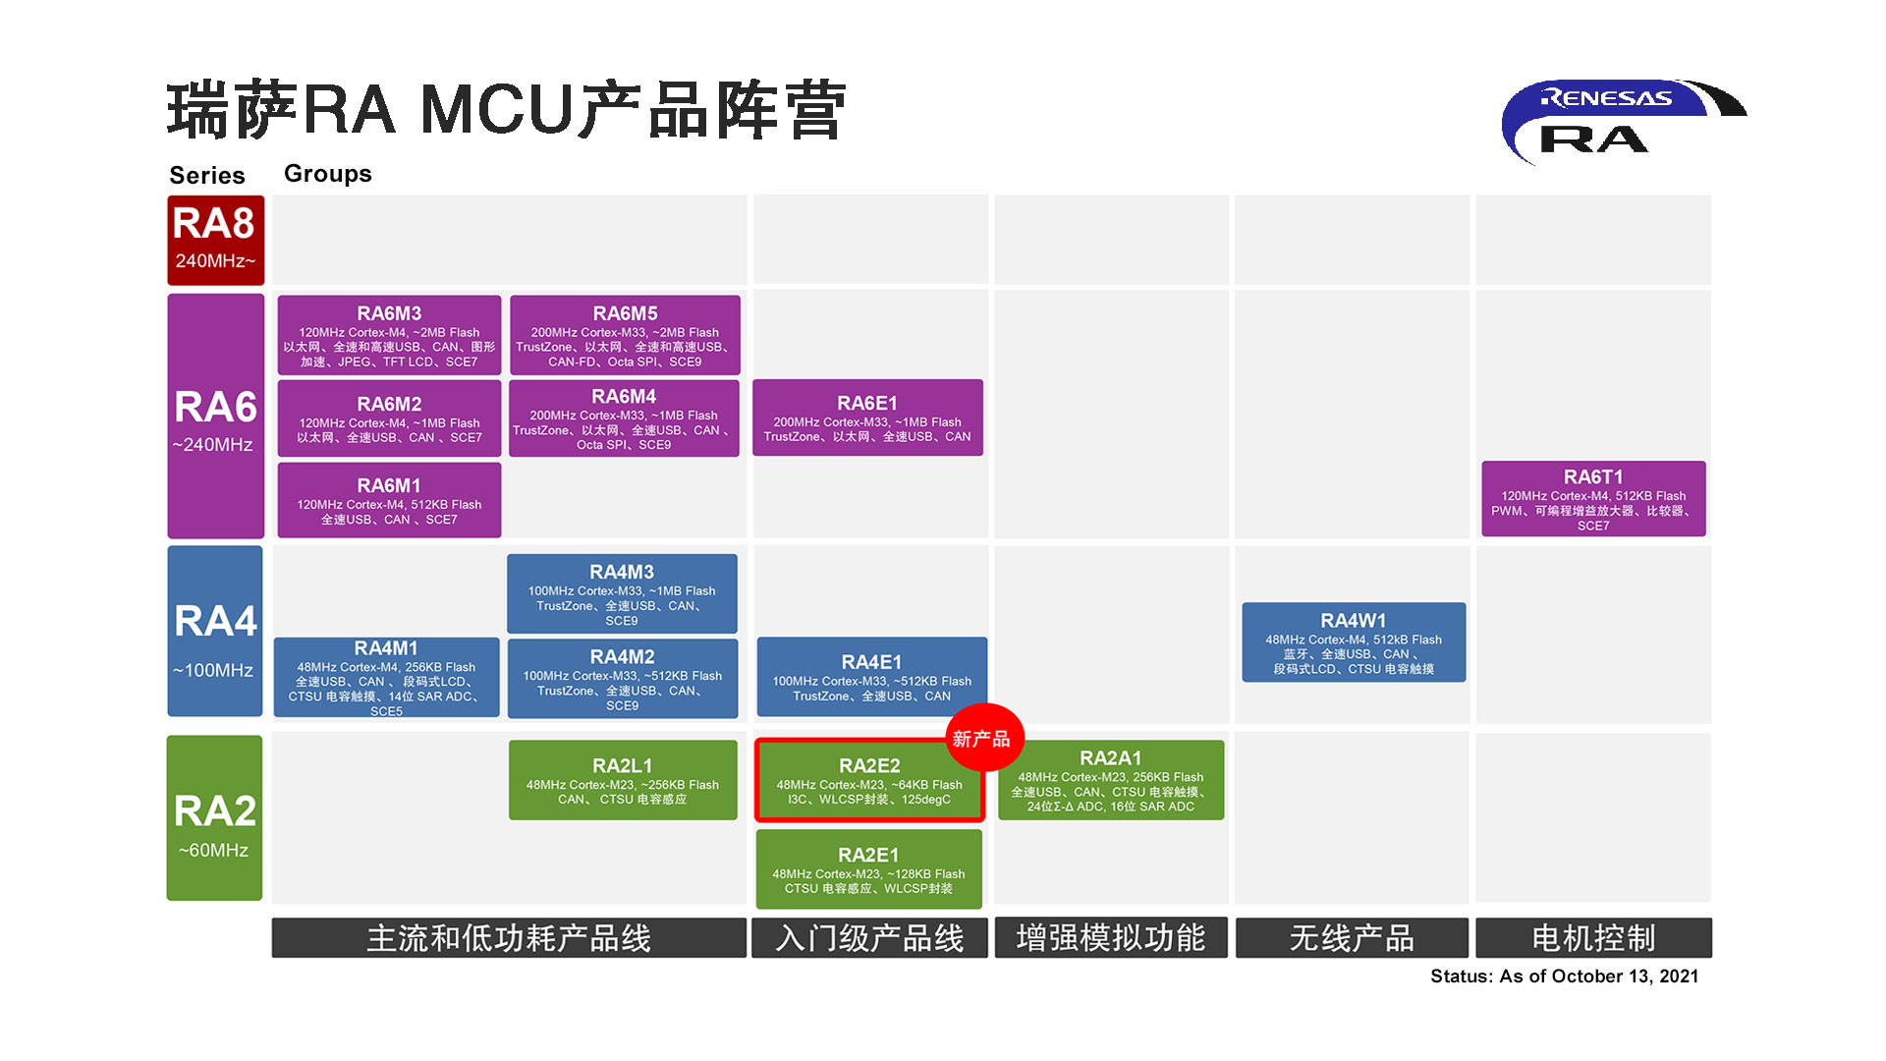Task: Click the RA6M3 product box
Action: pos(389,335)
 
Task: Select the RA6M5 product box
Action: pos(625,335)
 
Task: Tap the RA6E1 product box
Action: pos(867,418)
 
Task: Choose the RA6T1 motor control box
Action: pos(1593,499)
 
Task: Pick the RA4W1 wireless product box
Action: pos(1354,642)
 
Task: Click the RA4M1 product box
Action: pos(386,677)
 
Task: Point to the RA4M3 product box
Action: pos(622,593)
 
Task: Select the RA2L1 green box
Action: pos(623,780)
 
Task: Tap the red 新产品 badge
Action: pos(983,739)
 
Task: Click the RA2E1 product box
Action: pos(868,869)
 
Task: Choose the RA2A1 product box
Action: pos(1111,780)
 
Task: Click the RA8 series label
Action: pos(215,240)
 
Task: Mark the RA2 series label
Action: pos(214,818)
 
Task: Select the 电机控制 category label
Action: pos(1593,938)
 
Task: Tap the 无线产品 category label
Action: pos(1352,938)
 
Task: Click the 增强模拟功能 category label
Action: pos(1111,938)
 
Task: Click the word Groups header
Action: pos(328,174)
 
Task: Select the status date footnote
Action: pos(1564,976)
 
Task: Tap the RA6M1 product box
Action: pos(389,500)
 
